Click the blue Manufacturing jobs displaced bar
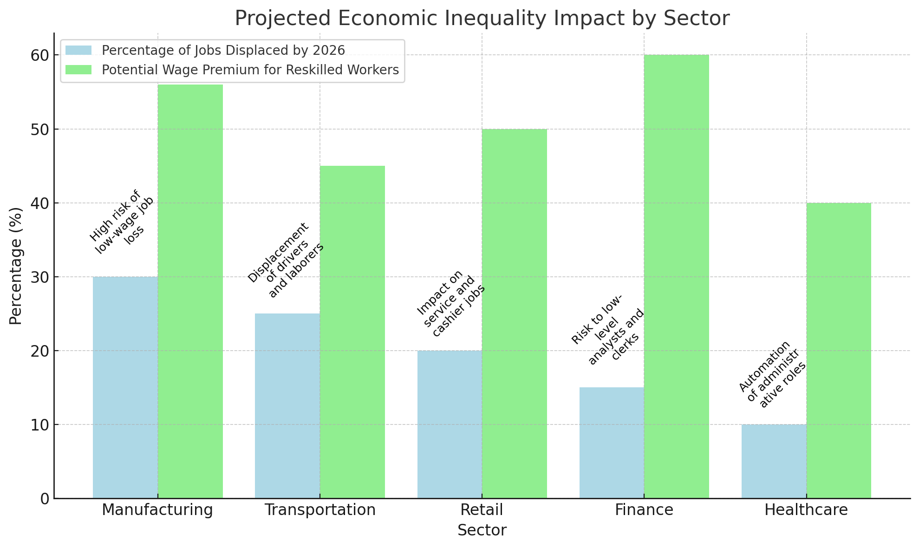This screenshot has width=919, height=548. pyautogui.click(x=125, y=387)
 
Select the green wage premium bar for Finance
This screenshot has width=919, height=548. pyautogui.click(x=677, y=276)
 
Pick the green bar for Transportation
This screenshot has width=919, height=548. pyautogui.click(x=352, y=332)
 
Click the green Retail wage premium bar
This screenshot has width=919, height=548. pyautogui.click(x=515, y=313)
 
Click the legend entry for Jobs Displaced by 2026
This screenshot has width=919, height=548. pyautogui.click(x=223, y=50)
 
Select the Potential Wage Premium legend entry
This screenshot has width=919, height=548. pyautogui.click(x=250, y=70)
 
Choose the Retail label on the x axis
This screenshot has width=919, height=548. pyautogui.click(x=482, y=510)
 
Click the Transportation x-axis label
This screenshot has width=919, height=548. pyautogui.click(x=320, y=510)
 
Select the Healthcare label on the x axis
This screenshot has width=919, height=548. pyautogui.click(x=806, y=510)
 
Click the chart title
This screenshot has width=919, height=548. pyautogui.click(x=482, y=19)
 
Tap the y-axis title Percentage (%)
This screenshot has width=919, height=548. pyautogui.click(x=16, y=266)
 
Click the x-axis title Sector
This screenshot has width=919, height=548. pyautogui.click(x=482, y=530)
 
